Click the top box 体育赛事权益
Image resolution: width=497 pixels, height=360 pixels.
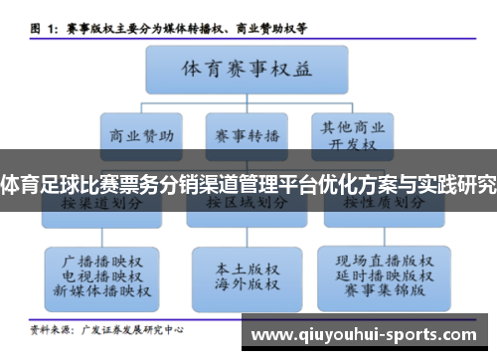coord(247,71)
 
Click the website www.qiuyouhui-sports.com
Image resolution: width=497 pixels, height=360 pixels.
coord(367,336)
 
